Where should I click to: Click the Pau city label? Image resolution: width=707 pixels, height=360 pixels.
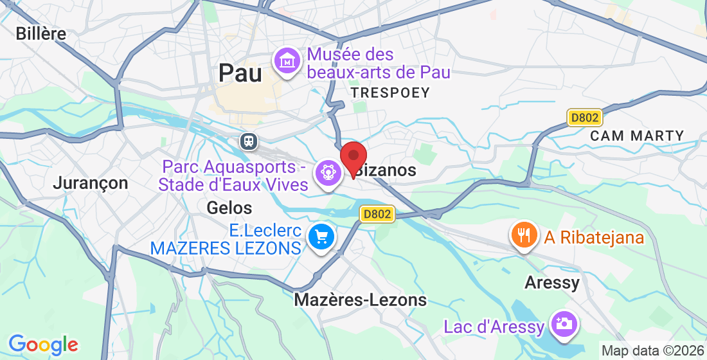click(240, 73)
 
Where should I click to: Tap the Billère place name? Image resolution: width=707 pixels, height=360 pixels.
click(41, 33)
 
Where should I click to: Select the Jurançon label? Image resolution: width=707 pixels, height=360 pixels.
click(91, 183)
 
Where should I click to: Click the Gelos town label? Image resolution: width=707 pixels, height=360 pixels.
click(229, 208)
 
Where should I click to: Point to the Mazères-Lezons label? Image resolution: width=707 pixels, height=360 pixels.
click(360, 300)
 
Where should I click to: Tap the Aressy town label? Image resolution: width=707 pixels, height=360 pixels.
click(552, 282)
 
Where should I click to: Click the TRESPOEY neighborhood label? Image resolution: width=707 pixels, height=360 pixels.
click(390, 93)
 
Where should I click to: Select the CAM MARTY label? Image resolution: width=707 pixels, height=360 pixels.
click(637, 136)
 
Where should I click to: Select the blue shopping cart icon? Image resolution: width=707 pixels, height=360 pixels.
click(321, 237)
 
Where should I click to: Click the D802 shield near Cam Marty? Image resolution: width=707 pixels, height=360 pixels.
click(584, 118)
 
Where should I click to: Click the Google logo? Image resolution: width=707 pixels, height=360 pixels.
click(43, 345)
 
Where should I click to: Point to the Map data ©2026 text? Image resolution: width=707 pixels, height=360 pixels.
click(652, 351)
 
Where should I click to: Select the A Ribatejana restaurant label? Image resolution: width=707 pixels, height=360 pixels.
click(594, 237)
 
